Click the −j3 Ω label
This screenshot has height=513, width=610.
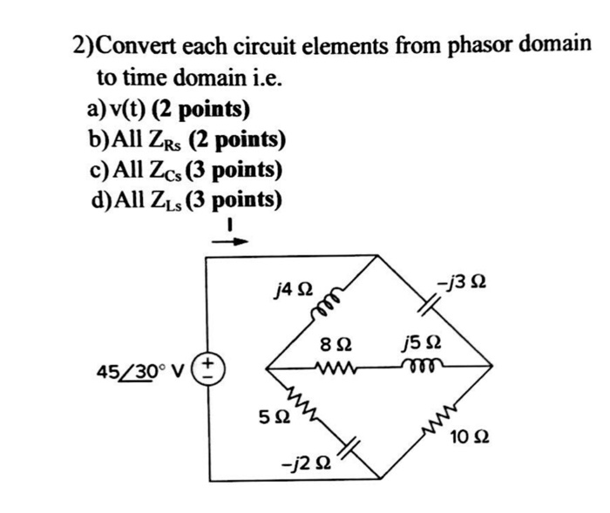462,285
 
